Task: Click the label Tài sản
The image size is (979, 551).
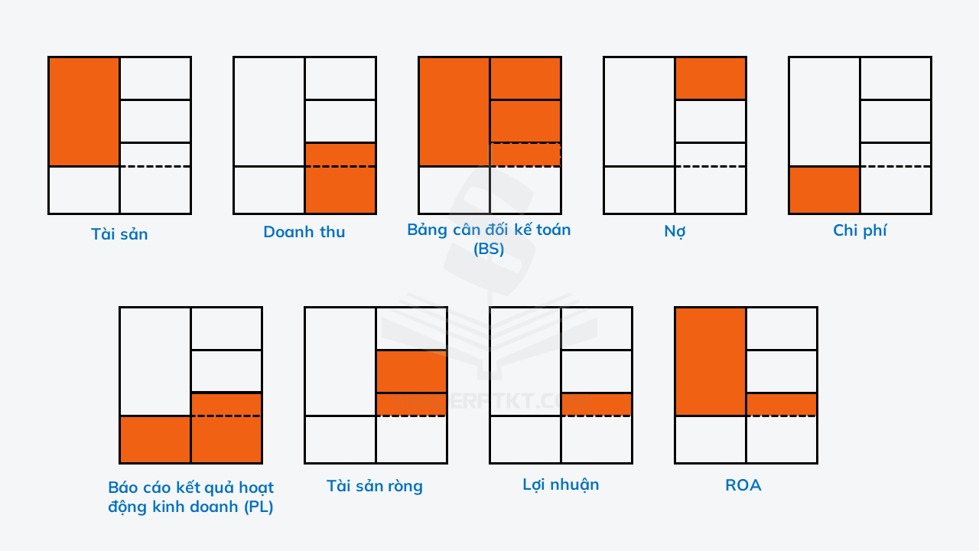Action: pyautogui.click(x=119, y=234)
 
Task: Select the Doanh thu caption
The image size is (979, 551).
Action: pyautogui.click(x=304, y=232)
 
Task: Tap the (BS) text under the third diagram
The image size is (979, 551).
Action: pyautogui.click(x=489, y=249)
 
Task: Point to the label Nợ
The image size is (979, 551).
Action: pyautogui.click(x=675, y=231)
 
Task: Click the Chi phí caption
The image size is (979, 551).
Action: pyautogui.click(x=860, y=230)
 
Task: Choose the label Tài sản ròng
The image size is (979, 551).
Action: pyautogui.click(x=375, y=486)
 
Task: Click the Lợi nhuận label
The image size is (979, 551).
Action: pyautogui.click(x=561, y=484)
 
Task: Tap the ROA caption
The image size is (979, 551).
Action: pyautogui.click(x=743, y=485)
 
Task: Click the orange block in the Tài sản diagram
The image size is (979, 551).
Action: pyautogui.click(x=84, y=112)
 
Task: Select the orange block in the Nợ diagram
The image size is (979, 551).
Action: pyautogui.click(x=711, y=78)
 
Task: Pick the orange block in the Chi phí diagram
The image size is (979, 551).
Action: pyautogui.click(x=825, y=190)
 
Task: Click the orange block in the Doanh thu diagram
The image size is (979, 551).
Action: pyautogui.click(x=340, y=178)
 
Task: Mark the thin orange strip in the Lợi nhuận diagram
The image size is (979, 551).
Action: pyautogui.click(x=596, y=405)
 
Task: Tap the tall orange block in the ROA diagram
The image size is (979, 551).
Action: pyautogui.click(x=711, y=362)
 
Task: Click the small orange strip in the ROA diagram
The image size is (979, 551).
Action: pyautogui.click(x=782, y=405)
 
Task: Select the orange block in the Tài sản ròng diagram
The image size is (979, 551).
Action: pyautogui.click(x=411, y=383)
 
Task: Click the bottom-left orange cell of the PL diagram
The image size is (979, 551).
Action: pyautogui.click(x=155, y=439)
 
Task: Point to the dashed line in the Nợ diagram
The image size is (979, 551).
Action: pyautogui.click(x=711, y=166)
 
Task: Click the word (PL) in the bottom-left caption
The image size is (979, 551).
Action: pyautogui.click(x=259, y=507)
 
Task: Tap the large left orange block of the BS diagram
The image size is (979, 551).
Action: pyautogui.click(x=454, y=112)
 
